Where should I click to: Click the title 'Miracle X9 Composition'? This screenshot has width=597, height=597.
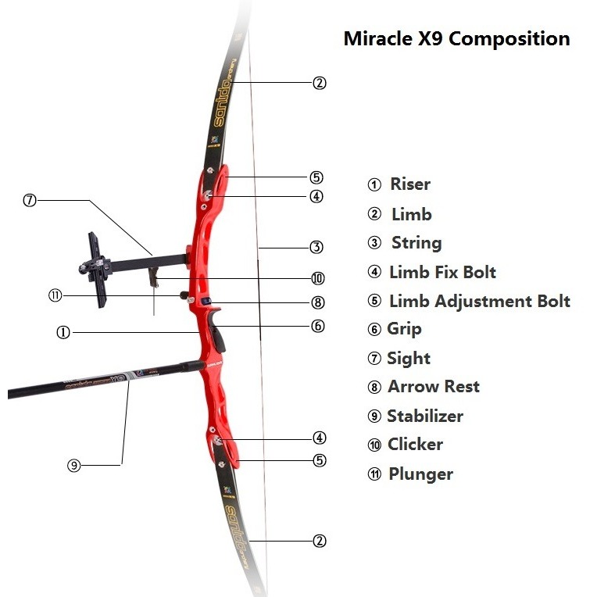pyautogui.click(x=456, y=39)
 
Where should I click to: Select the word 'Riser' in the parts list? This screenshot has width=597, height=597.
pyautogui.click(x=410, y=184)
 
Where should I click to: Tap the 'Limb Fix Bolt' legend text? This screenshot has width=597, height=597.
pyautogui.click(x=442, y=272)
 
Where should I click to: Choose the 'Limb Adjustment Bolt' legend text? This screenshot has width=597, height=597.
pyautogui.click(x=479, y=301)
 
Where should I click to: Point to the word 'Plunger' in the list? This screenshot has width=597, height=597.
pyautogui.click(x=420, y=474)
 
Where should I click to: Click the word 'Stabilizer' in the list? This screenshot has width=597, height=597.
pyautogui.click(x=425, y=416)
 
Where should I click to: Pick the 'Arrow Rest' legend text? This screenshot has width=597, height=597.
pyautogui.click(x=433, y=387)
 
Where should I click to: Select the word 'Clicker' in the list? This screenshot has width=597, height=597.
pyautogui.click(x=415, y=445)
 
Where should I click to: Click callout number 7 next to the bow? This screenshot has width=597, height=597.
pyautogui.click(x=30, y=200)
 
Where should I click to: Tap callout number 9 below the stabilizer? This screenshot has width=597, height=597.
pyautogui.click(x=74, y=465)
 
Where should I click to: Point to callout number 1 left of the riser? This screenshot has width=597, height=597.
pyautogui.click(x=63, y=332)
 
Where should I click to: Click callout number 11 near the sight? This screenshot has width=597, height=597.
pyautogui.click(x=55, y=295)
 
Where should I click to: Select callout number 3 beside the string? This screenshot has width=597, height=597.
pyautogui.click(x=316, y=247)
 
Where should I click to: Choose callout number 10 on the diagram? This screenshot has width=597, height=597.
pyautogui.click(x=318, y=278)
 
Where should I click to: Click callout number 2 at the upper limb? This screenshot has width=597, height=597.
pyautogui.click(x=320, y=83)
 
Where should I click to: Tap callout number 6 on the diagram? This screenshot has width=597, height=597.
pyautogui.click(x=318, y=326)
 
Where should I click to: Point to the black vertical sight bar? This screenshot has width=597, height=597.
pyautogui.click(x=97, y=270)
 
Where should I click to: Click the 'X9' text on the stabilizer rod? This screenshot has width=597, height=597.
pyautogui.click(x=118, y=379)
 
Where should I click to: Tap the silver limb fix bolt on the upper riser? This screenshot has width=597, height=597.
pyautogui.click(x=208, y=195)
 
